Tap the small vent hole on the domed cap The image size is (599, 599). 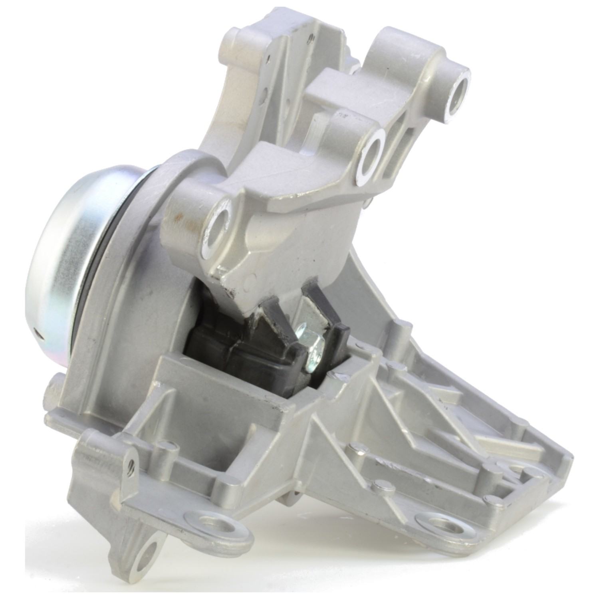click(x=37, y=331)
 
